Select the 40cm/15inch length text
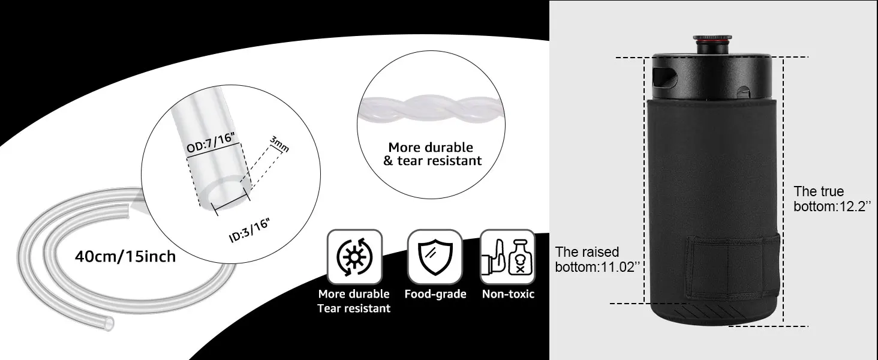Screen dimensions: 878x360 click(125, 257)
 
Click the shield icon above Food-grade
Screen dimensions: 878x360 click(435, 257)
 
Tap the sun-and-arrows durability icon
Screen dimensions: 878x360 click(354, 257)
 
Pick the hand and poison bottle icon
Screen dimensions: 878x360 click(507, 257)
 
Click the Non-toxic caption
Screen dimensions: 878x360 click(508, 294)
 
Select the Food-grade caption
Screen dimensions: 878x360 click(435, 294)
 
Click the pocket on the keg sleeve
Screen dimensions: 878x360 click(732, 267)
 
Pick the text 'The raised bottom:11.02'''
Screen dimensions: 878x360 click(595, 260)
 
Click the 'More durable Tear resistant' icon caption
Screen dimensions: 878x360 click(354, 301)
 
